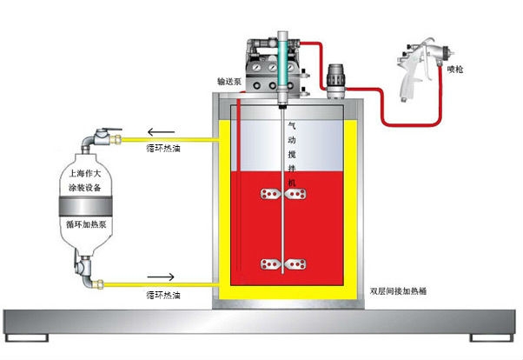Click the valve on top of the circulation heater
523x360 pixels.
tap(102, 138)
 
